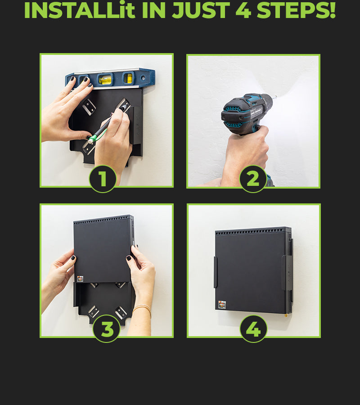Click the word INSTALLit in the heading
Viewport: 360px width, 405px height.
click(80, 10)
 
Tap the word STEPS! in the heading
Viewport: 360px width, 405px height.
click(296, 10)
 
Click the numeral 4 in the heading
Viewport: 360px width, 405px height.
click(243, 10)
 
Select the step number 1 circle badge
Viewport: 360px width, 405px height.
click(103, 179)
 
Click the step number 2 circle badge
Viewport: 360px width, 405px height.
click(253, 179)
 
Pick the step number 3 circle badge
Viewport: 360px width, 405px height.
click(107, 329)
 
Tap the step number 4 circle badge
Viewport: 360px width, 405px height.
click(253, 329)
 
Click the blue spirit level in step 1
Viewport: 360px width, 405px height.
click(110, 78)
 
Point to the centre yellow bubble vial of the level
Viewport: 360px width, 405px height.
click(105, 79)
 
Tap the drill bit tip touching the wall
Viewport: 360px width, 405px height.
click(276, 97)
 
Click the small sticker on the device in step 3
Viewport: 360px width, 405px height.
click(80, 279)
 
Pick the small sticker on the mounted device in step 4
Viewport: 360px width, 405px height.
click(222, 305)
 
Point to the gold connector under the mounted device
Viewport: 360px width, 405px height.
click(286, 315)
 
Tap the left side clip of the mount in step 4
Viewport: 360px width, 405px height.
click(215, 272)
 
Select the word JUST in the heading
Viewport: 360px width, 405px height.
click(201, 10)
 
